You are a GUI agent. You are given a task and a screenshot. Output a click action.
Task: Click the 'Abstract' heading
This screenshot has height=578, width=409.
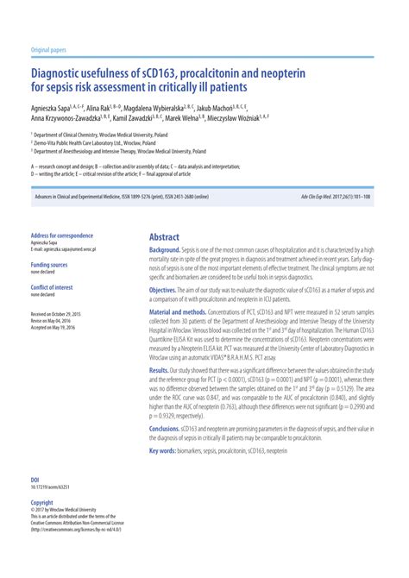164,236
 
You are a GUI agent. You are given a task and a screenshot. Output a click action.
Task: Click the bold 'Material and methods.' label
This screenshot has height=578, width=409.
181,311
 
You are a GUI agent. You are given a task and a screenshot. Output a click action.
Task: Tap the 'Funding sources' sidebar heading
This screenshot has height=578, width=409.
49,265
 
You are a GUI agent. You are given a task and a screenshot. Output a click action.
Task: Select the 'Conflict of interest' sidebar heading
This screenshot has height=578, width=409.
52,286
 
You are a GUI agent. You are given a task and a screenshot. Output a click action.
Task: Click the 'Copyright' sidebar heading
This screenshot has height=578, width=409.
42,501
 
